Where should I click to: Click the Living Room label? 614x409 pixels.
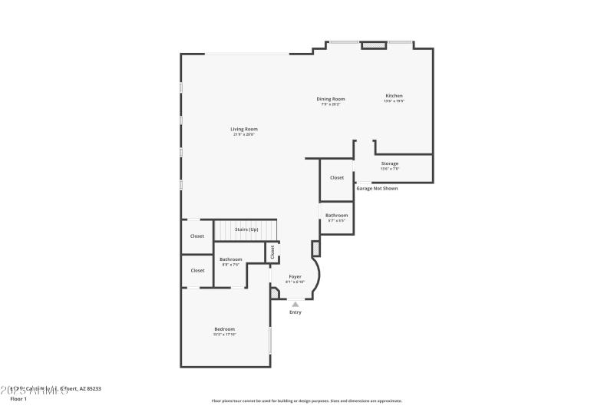244,129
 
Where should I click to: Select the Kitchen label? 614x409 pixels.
394,96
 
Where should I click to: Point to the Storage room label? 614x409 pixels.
390,163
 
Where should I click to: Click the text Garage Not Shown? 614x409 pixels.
376,188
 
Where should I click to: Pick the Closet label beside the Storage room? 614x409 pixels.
337,177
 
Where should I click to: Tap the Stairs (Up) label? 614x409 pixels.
246,229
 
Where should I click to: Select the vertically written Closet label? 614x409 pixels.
272,252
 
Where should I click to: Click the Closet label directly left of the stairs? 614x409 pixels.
197,236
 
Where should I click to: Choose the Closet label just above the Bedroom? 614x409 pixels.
197,270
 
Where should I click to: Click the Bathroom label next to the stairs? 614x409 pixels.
231,259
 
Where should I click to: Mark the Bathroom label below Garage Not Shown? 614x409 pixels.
336,216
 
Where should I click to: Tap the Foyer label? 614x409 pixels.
295,276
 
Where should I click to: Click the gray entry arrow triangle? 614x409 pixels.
295,305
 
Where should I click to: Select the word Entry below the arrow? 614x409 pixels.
295,312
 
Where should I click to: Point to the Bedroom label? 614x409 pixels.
224,329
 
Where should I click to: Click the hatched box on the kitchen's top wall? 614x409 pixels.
374,45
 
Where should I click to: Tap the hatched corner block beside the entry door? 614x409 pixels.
275,292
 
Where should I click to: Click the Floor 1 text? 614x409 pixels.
18,399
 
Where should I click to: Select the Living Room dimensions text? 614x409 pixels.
244,134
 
